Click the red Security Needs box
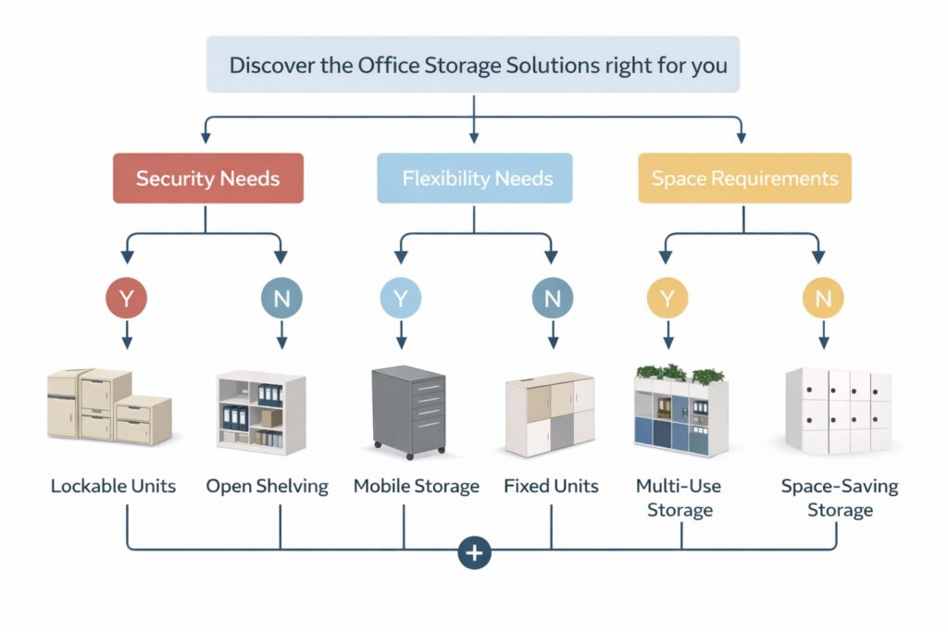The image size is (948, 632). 207,178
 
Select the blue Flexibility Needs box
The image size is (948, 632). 474,178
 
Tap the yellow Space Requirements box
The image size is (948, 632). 744,178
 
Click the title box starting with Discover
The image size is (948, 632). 473,65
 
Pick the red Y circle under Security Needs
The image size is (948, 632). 128,299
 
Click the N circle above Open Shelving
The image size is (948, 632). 281,299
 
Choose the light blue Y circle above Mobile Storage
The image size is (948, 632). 401,299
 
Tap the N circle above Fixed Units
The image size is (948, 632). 552,299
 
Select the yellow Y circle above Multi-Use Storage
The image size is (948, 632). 667,299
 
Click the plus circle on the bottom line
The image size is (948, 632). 474,552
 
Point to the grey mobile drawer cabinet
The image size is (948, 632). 408,410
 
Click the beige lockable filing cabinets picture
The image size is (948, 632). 108,407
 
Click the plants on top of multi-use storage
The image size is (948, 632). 680,374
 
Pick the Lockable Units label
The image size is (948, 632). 113,486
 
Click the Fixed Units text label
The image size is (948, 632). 552,486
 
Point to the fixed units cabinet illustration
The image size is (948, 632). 549,415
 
